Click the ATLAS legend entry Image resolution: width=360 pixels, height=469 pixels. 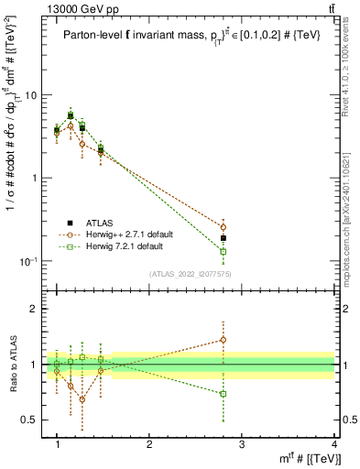[x=100, y=223]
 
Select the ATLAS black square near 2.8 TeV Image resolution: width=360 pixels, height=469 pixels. [x=224, y=238]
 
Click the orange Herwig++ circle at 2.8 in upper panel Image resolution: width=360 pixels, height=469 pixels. [x=224, y=227]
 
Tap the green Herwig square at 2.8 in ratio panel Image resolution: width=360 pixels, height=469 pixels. [x=224, y=394]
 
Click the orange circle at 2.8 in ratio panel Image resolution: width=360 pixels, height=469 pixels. [x=224, y=340]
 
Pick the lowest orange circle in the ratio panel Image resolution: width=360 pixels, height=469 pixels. [x=82, y=399]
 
